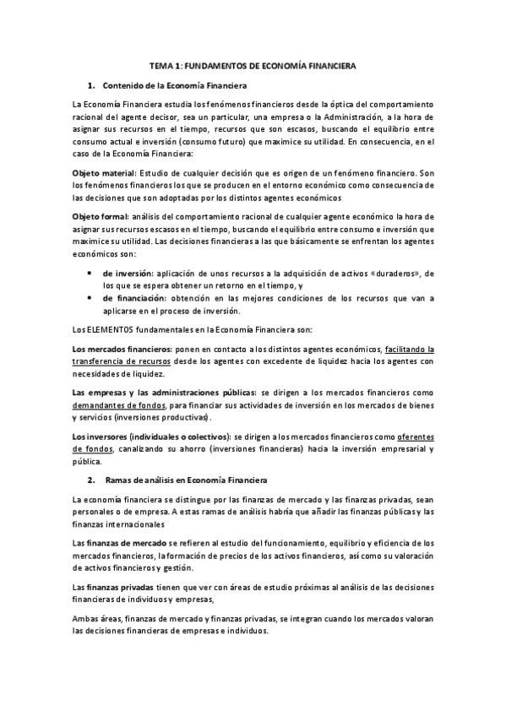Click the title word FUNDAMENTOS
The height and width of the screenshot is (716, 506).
[x=211, y=65]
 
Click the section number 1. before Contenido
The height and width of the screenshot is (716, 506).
[x=91, y=85]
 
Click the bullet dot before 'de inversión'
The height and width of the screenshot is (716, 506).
[x=90, y=274]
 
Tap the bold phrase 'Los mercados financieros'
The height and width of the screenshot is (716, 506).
[x=122, y=349]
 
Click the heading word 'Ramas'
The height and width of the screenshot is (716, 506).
[x=118, y=480]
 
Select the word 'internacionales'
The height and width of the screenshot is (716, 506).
[x=117, y=523]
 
